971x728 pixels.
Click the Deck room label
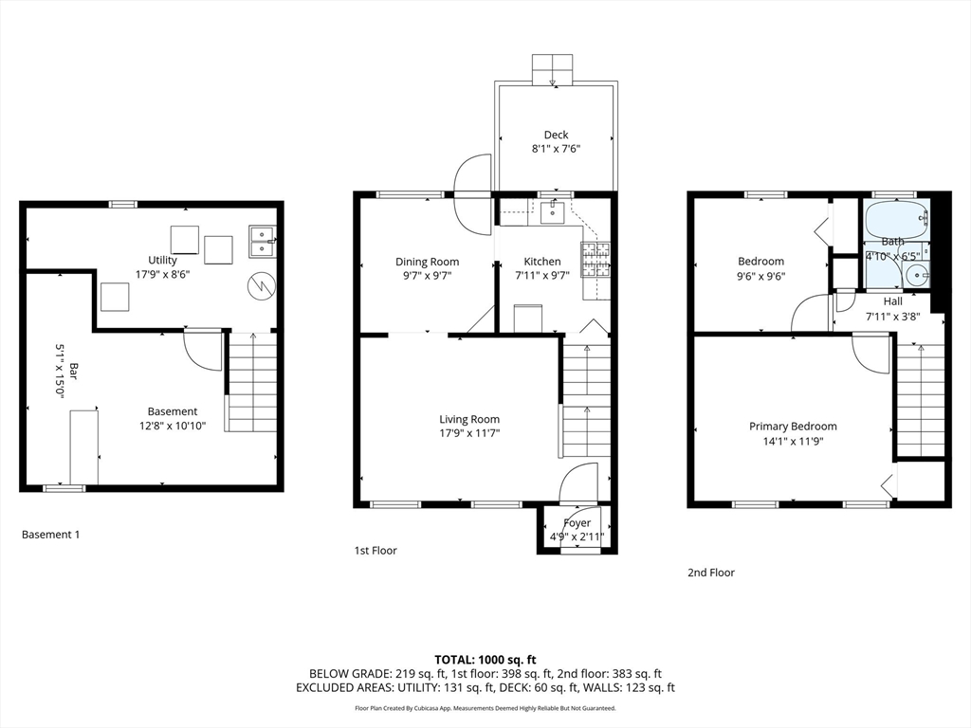pyautogui.click(x=556, y=135)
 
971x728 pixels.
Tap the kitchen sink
pyautogui.click(x=553, y=212)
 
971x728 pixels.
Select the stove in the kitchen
pyautogui.click(x=595, y=259)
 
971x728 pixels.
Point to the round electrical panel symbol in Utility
pyautogui.click(x=261, y=286)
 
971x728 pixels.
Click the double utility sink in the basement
pyautogui.click(x=263, y=241)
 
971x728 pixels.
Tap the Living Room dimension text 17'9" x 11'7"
pyautogui.click(x=469, y=433)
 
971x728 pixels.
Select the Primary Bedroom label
pyautogui.click(x=793, y=427)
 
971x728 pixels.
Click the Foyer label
pyautogui.click(x=577, y=523)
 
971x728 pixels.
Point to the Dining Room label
pyautogui.click(x=428, y=262)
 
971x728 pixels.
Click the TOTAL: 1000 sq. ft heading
pyautogui.click(x=485, y=660)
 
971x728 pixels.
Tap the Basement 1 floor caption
pyautogui.click(x=51, y=535)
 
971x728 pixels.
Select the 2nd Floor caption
pyautogui.click(x=711, y=573)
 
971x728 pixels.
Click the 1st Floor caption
pyautogui.click(x=376, y=551)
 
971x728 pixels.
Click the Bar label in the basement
pyautogui.click(x=74, y=371)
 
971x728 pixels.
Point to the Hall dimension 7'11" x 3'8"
pyautogui.click(x=892, y=317)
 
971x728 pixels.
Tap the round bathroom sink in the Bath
pyautogui.click(x=917, y=274)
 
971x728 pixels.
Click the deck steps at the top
pyautogui.click(x=553, y=69)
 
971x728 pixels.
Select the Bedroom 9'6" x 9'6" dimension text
pyautogui.click(x=761, y=277)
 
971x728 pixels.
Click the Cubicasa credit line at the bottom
pyautogui.click(x=485, y=708)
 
